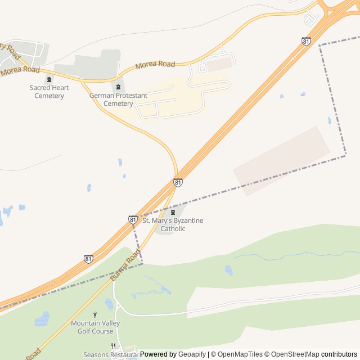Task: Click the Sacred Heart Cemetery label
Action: tap(49, 92)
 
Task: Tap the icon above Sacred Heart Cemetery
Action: tap(49, 79)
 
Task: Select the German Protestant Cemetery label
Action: tap(118, 100)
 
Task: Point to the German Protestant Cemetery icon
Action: tap(118, 87)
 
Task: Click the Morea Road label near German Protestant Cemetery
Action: tap(155, 65)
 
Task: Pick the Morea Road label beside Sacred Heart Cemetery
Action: tap(20, 70)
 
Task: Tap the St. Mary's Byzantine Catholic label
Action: tap(173, 224)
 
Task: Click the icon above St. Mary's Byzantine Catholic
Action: tap(173, 212)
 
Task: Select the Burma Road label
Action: tap(125, 265)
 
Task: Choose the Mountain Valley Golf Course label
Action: tap(96, 327)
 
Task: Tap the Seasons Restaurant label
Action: tap(110, 355)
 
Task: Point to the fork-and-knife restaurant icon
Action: tap(113, 346)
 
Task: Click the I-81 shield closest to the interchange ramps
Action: tap(305, 41)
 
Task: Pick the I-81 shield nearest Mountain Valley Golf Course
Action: tap(88, 259)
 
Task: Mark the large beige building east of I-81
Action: tap(281, 160)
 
